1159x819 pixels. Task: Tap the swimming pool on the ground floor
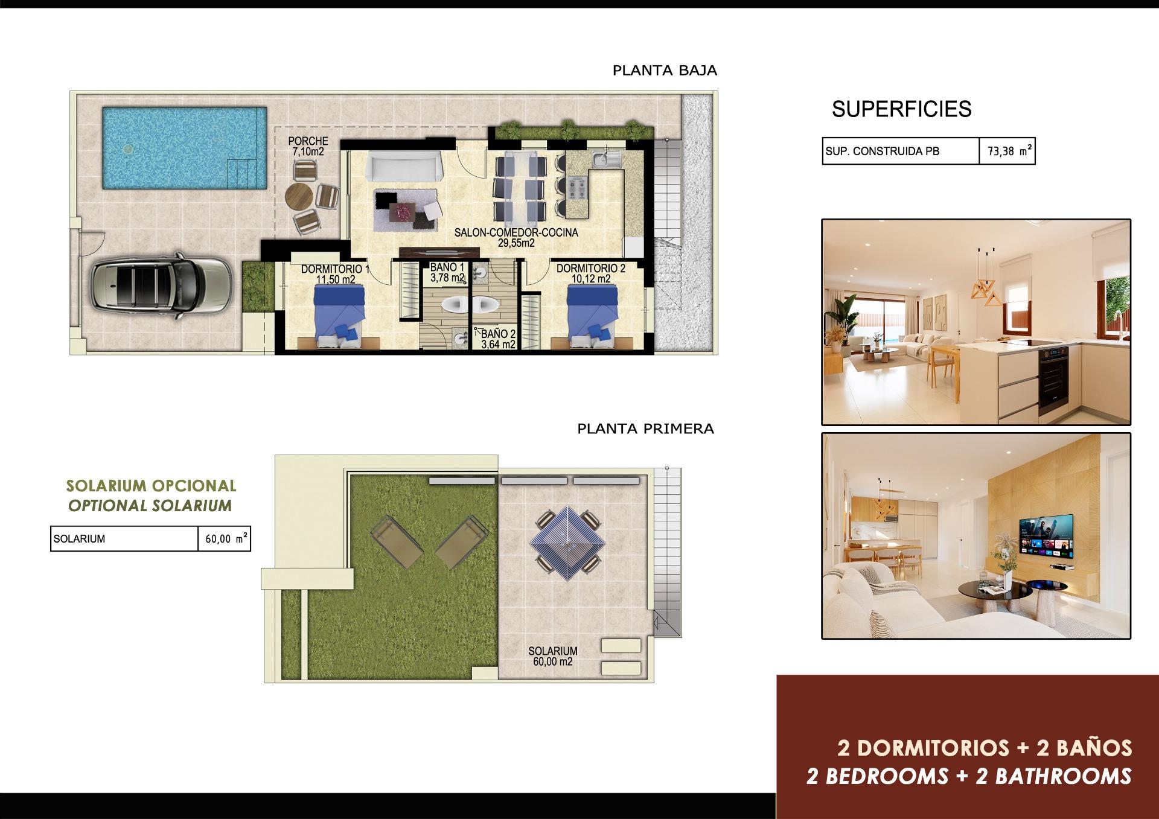[x=184, y=148]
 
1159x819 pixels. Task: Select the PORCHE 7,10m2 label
[x=308, y=147]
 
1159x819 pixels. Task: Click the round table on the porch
[x=299, y=196]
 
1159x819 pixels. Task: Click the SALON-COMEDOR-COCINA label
[x=516, y=238]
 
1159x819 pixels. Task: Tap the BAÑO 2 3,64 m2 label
[x=498, y=339]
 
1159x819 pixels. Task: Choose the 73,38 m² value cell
[x=1007, y=151]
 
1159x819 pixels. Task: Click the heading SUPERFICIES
[x=901, y=109]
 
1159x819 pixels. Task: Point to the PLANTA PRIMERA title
[x=645, y=429]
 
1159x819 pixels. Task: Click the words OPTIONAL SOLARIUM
[x=150, y=506]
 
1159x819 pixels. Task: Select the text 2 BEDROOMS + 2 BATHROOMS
[x=969, y=776]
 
